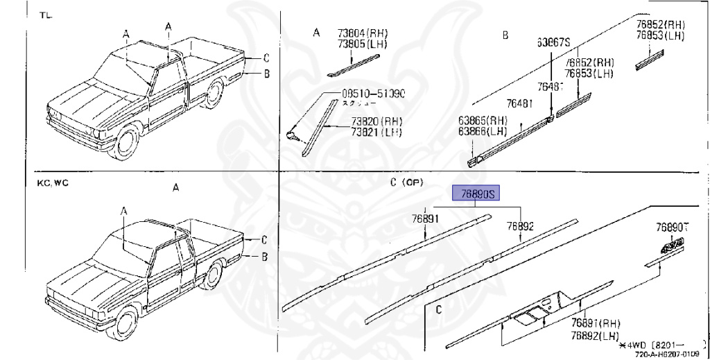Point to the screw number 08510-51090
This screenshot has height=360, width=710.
373,94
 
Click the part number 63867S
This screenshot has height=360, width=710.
553,43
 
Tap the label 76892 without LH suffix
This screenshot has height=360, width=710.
519,226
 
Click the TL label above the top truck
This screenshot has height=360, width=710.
44,15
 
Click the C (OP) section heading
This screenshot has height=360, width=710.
405,182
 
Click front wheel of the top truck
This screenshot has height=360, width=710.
126,142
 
